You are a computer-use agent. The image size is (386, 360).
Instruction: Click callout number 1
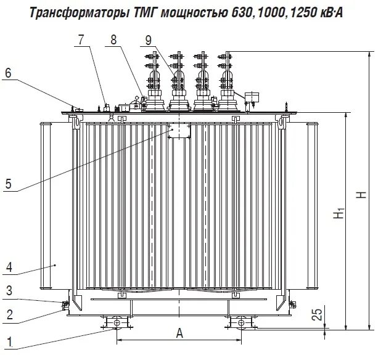click(x=9, y=340)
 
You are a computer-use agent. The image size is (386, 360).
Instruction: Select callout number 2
click(x=9, y=314)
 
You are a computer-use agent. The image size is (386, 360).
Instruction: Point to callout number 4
click(x=9, y=267)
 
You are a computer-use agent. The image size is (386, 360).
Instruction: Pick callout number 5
click(x=9, y=183)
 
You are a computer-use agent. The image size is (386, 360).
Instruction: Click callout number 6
click(x=9, y=73)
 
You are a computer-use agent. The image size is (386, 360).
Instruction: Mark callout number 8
click(x=113, y=40)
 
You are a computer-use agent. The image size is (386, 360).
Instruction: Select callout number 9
click(x=148, y=40)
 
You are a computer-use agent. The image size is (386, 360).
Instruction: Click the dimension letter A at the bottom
click(x=179, y=334)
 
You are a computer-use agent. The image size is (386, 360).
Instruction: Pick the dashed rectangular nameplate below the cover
click(x=180, y=130)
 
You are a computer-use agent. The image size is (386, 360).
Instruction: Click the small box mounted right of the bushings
click(x=252, y=97)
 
